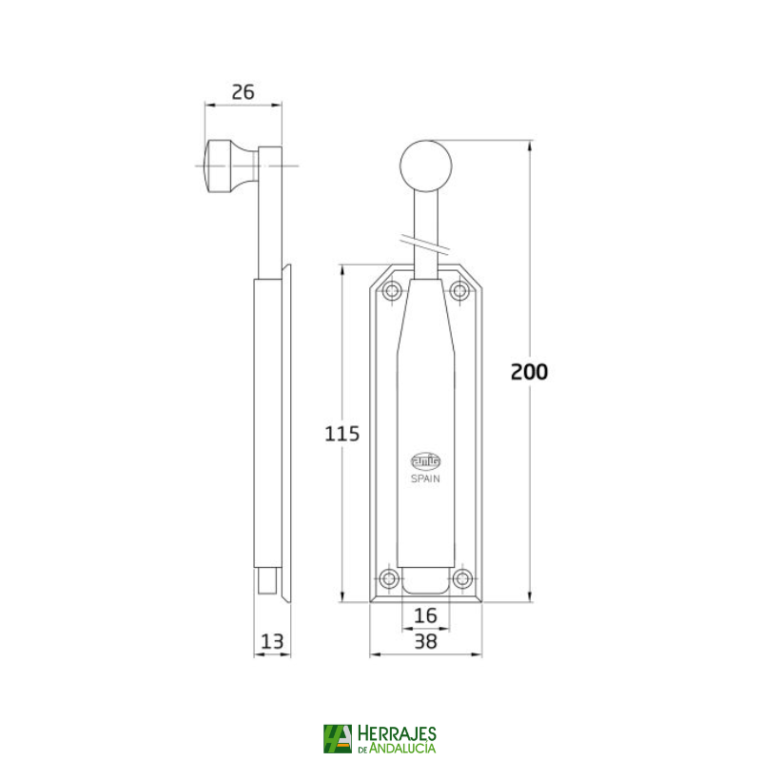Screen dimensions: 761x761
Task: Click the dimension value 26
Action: (x=244, y=92)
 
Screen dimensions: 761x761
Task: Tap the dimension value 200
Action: (x=529, y=372)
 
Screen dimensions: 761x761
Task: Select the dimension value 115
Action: (x=342, y=434)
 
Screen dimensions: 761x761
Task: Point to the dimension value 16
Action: (x=425, y=616)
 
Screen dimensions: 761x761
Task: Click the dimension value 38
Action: (x=425, y=641)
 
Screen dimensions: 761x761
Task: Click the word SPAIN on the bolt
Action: (x=425, y=479)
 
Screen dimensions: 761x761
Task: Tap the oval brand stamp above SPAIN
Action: (x=425, y=459)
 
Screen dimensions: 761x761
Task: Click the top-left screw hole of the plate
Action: (x=390, y=291)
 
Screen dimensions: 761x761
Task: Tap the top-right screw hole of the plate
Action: (x=460, y=291)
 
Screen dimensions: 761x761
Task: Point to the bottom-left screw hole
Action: (x=389, y=578)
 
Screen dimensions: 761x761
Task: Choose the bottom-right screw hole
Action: (x=461, y=578)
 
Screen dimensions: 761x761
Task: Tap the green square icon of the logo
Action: (x=337, y=738)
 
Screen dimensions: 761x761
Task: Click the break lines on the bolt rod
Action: (x=425, y=244)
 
